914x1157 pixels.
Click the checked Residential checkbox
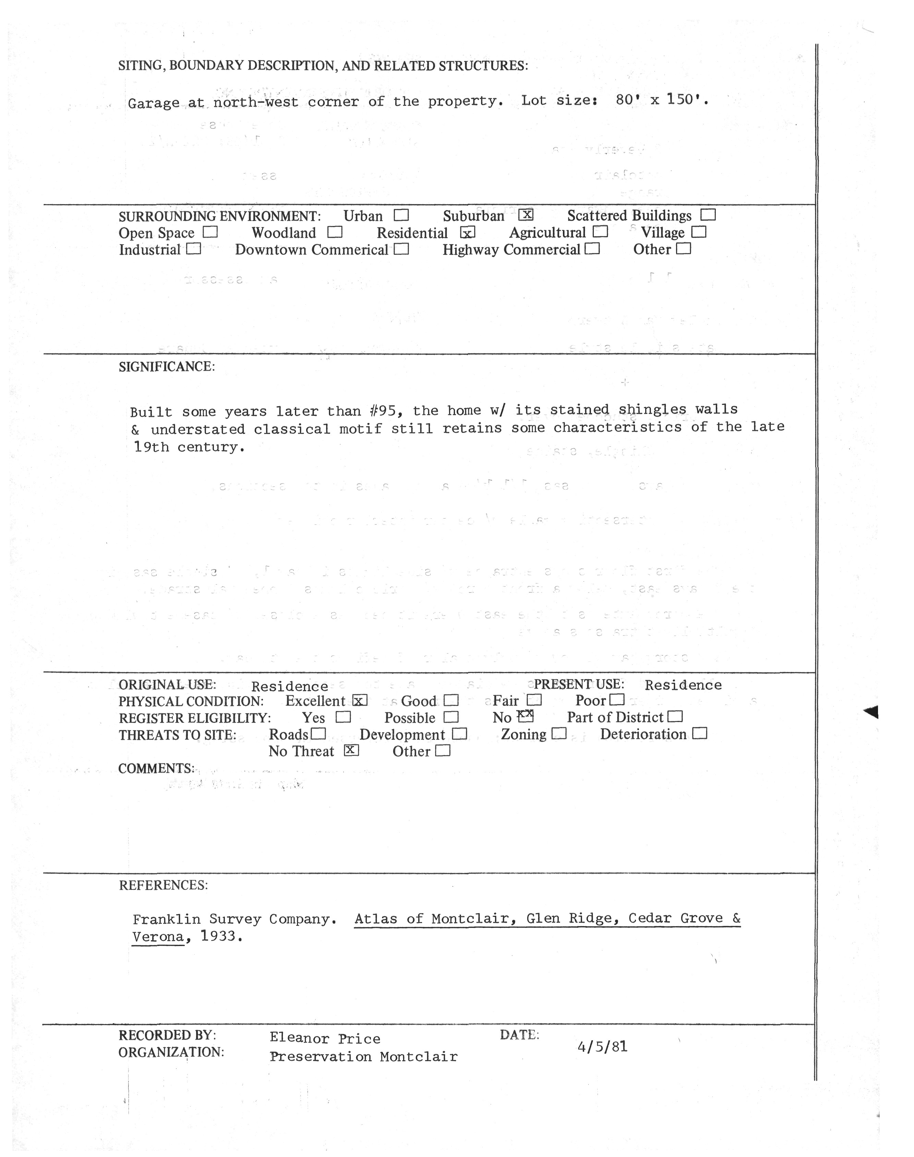click(468, 233)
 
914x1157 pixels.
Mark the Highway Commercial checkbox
click(592, 249)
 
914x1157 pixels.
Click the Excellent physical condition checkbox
click(360, 700)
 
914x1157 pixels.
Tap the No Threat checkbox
click(351, 750)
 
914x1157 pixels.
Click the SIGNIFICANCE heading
click(166, 367)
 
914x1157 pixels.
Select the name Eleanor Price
click(325, 1038)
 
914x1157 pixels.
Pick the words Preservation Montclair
click(363, 1057)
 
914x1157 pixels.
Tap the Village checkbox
click(699, 232)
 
